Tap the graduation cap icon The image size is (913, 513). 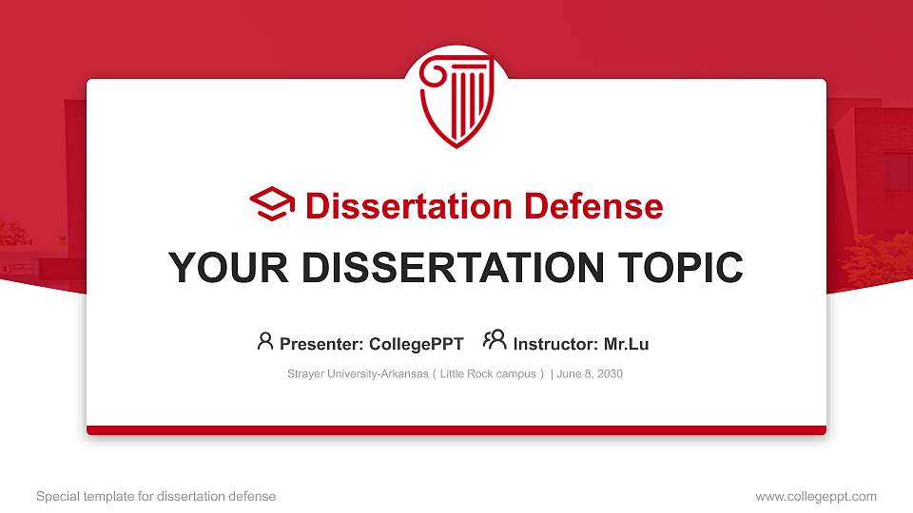click(272, 204)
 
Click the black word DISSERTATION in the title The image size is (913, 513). click(452, 268)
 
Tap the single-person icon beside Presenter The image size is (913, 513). click(265, 341)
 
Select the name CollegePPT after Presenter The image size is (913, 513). click(416, 344)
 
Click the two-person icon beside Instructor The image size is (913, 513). click(495, 341)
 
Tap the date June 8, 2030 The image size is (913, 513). click(590, 374)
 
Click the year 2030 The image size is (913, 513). click(610, 374)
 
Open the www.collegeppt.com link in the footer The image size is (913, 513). click(816, 496)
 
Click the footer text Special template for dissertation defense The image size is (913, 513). click(156, 496)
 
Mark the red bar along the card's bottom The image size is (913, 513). click(456, 430)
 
